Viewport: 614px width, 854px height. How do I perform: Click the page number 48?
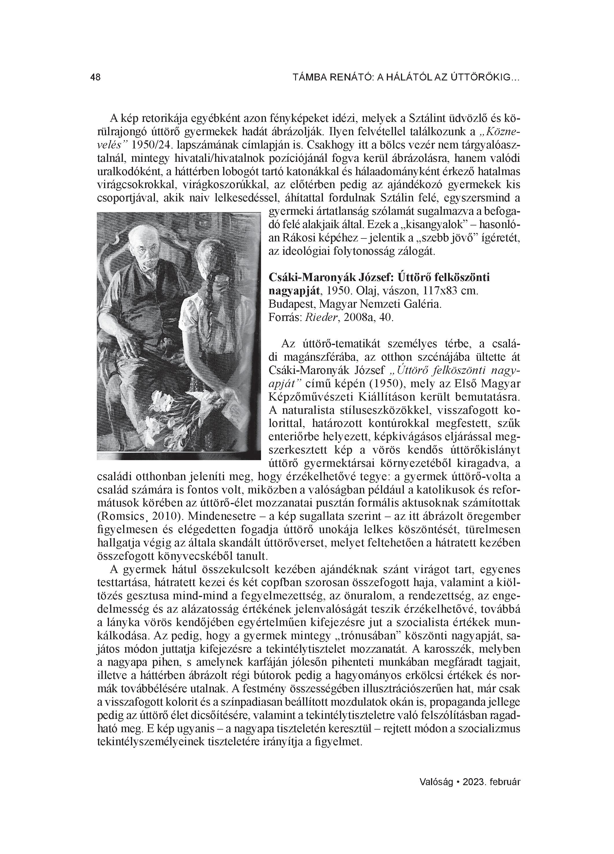[x=96, y=78]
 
